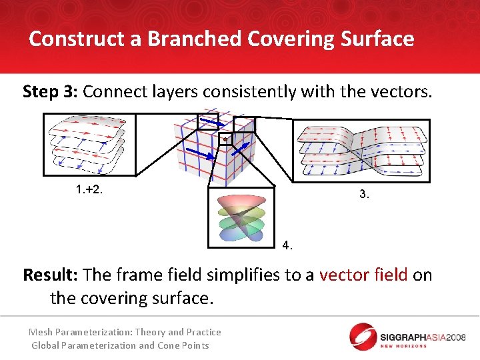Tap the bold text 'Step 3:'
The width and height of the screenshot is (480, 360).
[x=50, y=91]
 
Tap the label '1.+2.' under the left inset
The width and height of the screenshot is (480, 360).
[x=89, y=190]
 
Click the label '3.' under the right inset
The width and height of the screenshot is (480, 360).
[x=363, y=194]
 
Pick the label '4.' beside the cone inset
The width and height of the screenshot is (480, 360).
[x=287, y=245]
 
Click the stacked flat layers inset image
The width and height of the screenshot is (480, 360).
[x=89, y=145]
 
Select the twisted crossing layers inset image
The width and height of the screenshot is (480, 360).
[x=361, y=151]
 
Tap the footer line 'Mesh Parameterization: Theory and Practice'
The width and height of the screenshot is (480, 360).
[x=125, y=332]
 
